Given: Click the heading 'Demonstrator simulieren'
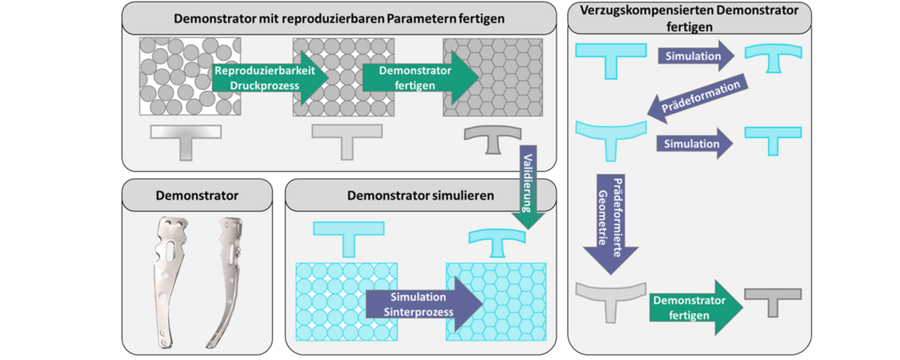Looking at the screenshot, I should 421,196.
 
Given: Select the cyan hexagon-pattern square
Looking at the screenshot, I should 496,301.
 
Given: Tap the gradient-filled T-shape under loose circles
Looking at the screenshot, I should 186,139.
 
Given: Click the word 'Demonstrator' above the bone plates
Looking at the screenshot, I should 196,196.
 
